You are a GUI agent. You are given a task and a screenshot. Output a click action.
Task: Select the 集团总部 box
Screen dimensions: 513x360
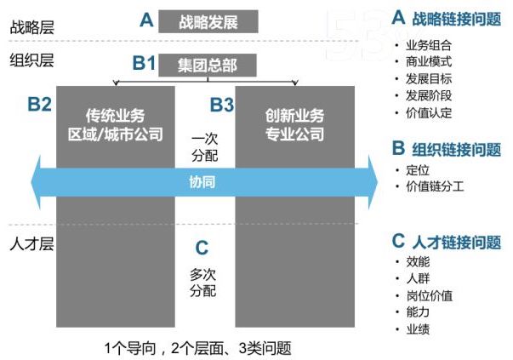click(x=207, y=64)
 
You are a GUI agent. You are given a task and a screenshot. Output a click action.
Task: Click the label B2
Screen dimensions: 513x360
click(x=39, y=105)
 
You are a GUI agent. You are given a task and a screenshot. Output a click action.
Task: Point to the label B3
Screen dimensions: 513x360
click(x=222, y=105)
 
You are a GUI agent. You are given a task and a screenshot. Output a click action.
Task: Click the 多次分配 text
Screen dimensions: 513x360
click(x=202, y=283)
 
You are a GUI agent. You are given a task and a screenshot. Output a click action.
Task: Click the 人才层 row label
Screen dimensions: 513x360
click(x=31, y=244)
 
